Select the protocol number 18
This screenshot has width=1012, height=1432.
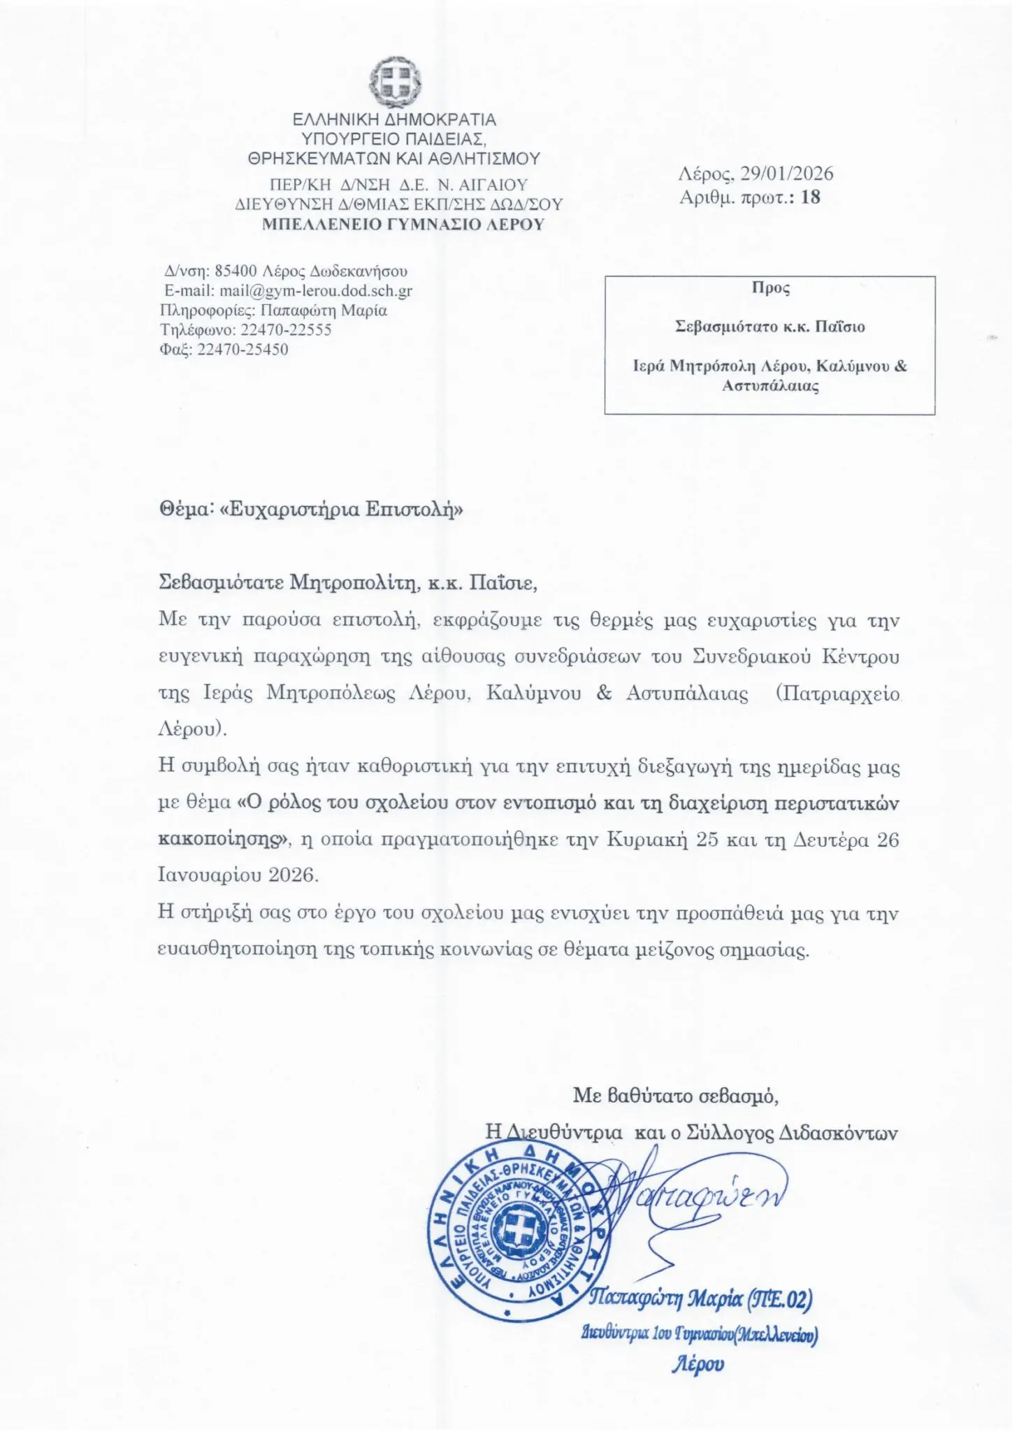[811, 197]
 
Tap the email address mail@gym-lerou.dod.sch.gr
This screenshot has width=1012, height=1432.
[316, 291]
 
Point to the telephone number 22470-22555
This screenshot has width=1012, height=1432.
[285, 329]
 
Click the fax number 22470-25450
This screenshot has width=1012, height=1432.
[243, 349]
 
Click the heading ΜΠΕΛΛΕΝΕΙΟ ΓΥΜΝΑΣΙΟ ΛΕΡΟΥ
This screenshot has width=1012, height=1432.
[403, 224]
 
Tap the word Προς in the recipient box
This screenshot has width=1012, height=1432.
[770, 287]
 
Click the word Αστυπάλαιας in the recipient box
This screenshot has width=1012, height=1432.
[770, 386]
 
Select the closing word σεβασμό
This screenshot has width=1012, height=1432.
[738, 1096]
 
